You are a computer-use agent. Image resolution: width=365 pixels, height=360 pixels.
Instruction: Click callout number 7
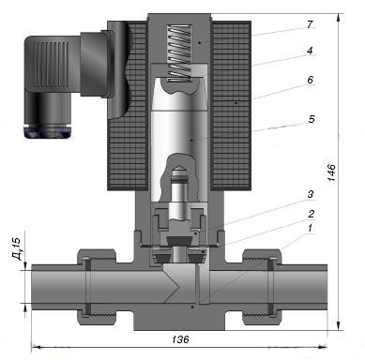310,24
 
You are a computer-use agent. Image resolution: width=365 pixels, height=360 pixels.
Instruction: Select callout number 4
310,51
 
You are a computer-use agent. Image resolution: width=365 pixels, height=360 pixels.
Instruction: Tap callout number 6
310,80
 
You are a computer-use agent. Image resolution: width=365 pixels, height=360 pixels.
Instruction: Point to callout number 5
312,119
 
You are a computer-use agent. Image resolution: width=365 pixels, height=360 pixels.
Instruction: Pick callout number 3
310,194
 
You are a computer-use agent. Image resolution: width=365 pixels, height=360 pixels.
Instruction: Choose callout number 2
311,214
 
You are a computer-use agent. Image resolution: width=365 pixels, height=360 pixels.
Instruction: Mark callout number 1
310,228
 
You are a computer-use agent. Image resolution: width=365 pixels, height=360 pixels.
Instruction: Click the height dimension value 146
331,172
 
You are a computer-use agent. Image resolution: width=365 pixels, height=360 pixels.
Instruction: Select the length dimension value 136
180,339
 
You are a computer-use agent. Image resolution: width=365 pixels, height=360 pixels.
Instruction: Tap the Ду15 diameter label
16,248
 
